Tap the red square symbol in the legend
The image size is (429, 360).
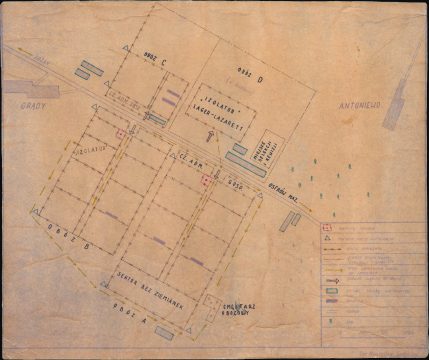pos(325,228)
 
